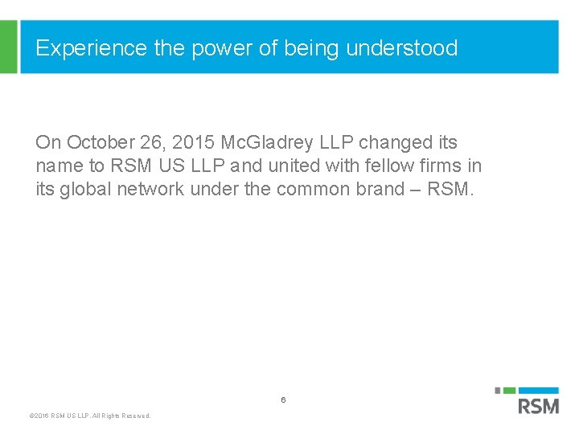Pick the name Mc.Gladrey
(270, 143)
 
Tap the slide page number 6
(283, 399)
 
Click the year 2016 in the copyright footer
(39, 416)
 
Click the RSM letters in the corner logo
(538, 406)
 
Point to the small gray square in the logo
(498, 391)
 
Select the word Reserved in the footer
(135, 416)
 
